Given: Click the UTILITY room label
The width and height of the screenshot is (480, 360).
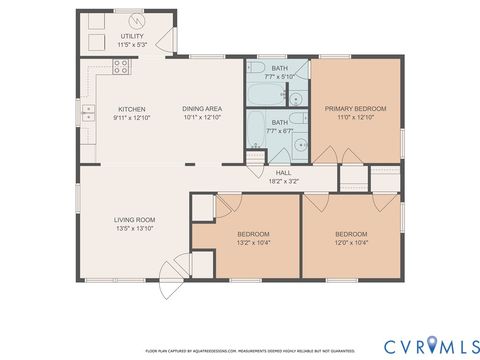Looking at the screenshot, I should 132,36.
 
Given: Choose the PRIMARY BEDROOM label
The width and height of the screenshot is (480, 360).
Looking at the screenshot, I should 355,108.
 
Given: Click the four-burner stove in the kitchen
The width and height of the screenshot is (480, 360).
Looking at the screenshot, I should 121,68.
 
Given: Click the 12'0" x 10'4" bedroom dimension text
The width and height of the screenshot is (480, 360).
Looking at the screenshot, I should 351,242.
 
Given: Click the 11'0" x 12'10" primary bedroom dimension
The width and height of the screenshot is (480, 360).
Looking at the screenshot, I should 355,117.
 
